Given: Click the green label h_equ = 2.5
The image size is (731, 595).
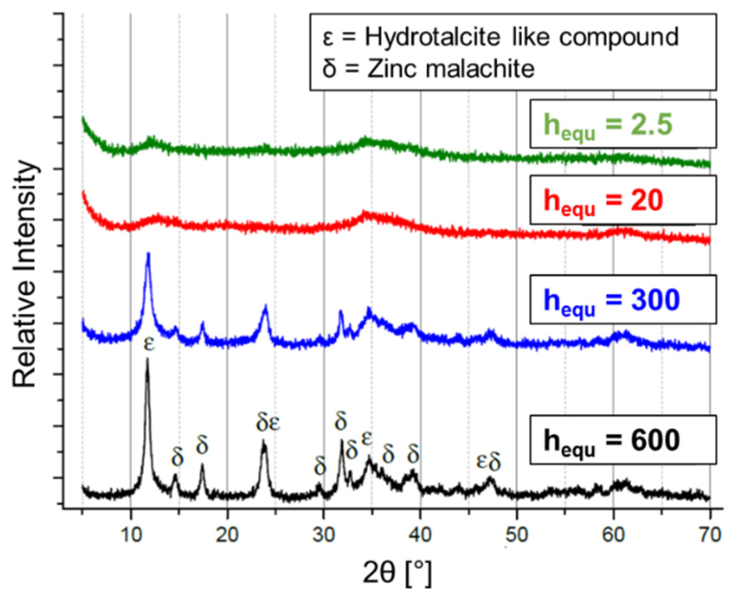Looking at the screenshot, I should tap(608, 124).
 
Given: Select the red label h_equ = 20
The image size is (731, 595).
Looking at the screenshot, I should tap(603, 201).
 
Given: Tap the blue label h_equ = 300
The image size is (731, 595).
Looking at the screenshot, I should tap(611, 301).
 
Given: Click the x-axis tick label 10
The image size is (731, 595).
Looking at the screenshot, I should tap(131, 535).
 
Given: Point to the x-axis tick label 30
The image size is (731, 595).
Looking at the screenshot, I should tap(324, 535).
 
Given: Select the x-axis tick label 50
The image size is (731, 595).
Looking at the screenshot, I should tap(517, 535).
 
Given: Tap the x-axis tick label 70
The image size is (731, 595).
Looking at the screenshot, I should tap(709, 535).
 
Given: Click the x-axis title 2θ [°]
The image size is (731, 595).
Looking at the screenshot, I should tap(397, 573).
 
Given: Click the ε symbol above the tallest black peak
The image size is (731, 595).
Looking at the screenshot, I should tap(149, 344).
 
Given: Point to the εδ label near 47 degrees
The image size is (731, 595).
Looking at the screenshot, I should tap(488, 462).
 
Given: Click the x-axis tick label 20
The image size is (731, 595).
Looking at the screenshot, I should tap(227, 535).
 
